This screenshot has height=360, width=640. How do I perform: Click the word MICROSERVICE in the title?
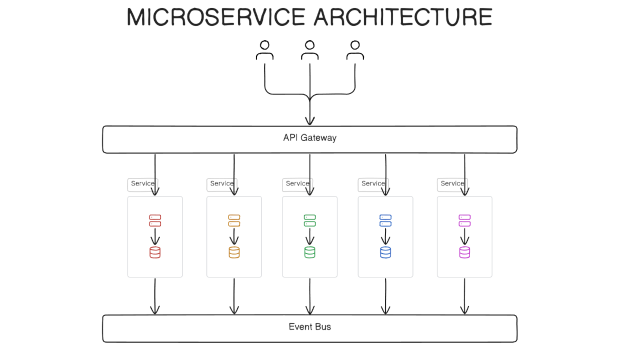tap(215, 17)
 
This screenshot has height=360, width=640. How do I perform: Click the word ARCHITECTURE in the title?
tap(402, 17)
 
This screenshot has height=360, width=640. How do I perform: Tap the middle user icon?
tap(310, 50)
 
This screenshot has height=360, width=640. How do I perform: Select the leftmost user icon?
tap(264, 50)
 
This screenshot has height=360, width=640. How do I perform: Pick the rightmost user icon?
tap(355, 50)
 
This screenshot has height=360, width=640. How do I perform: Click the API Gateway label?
tap(309, 137)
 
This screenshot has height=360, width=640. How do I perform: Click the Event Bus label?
tap(309, 327)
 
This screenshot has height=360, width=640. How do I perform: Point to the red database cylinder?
tap(155, 252)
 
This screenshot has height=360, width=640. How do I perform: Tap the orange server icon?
tap(234, 220)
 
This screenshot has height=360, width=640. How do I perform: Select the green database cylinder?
tap(309, 252)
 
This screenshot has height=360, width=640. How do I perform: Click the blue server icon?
tap(385, 220)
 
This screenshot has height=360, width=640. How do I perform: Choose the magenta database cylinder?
tap(464, 252)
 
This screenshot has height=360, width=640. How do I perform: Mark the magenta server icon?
tap(464, 220)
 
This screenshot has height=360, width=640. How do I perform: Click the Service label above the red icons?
tap(142, 183)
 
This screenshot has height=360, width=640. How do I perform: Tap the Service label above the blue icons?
tap(373, 183)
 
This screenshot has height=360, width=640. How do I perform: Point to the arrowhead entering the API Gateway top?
tap(310, 120)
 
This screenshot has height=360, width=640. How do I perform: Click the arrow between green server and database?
tap(309, 236)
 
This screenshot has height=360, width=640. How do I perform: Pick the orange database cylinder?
tap(234, 252)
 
